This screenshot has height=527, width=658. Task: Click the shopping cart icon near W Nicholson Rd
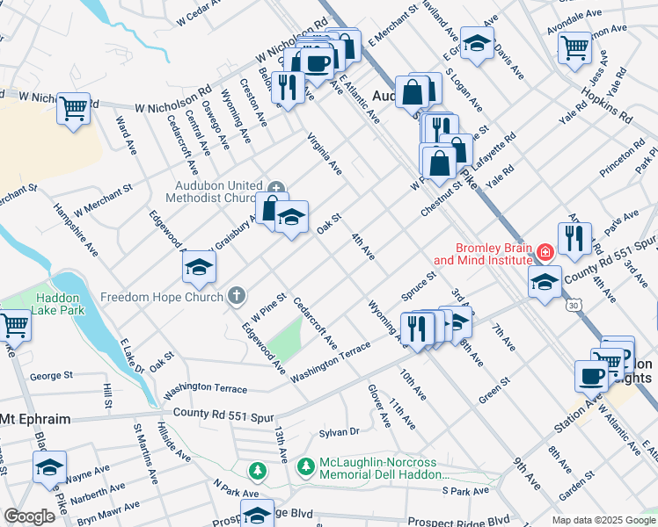[74, 109]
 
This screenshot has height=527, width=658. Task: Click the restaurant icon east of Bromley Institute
[574, 237]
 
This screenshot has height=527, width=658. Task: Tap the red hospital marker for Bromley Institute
[545, 253]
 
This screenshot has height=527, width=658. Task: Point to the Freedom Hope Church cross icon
[237, 296]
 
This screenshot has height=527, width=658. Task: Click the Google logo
[30, 516]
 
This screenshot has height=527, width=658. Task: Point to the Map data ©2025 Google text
[603, 520]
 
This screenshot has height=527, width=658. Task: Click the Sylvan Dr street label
[340, 431]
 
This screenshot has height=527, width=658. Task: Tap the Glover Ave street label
[379, 405]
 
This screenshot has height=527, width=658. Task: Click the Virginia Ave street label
[324, 153]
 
